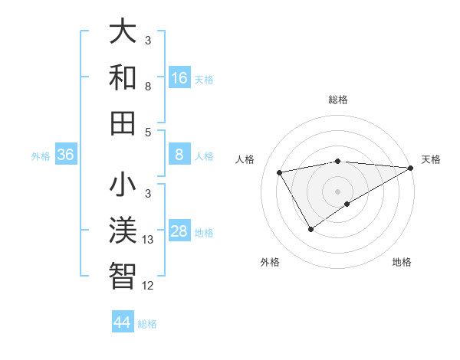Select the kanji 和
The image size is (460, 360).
tap(123, 77)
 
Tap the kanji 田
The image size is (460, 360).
tap(123, 122)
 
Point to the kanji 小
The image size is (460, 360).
tap(123, 185)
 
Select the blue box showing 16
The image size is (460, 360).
tap(179, 77)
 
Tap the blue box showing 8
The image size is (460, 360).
tap(179, 155)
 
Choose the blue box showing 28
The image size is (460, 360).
tap(179, 231)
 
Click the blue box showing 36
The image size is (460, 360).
tap(66, 155)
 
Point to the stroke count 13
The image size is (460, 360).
tap(148, 240)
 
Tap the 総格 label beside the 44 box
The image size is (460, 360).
tap(147, 324)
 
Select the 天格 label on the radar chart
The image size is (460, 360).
tap(431, 159)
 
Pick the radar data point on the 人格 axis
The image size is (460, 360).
tap(280, 173)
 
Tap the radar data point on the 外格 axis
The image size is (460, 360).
tap(310, 229)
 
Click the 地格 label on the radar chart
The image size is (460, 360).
tap(402, 262)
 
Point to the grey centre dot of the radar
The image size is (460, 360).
tap(337, 191)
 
